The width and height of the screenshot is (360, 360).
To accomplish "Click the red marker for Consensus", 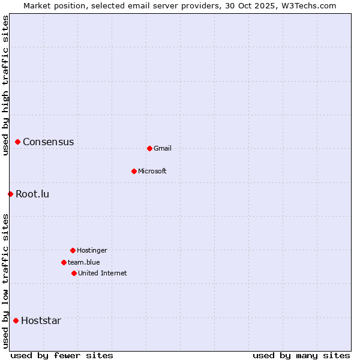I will (18, 142).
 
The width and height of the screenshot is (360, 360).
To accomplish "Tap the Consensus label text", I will (48, 142).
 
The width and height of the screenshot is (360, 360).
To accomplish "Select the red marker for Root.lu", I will (10, 194).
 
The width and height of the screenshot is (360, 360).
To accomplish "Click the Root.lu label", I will (32, 194).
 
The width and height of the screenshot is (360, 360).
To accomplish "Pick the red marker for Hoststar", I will (16, 320).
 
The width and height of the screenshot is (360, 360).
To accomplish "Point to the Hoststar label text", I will (41, 320).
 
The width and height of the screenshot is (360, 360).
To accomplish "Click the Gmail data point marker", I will (149, 148).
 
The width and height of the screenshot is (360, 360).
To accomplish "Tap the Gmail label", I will (163, 148).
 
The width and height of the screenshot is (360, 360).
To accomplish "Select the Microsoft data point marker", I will (134, 171).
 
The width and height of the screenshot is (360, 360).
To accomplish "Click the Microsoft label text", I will (152, 171).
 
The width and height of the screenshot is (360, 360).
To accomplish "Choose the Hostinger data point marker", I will (73, 250).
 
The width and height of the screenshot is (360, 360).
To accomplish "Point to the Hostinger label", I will (92, 250).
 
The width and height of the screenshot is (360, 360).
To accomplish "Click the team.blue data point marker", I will (64, 262).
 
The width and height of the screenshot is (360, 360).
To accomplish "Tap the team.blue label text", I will (84, 262).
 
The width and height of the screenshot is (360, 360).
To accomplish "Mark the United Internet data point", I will (74, 273).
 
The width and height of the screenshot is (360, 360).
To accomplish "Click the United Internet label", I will (103, 273).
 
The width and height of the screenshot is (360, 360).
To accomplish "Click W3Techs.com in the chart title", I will (308, 5).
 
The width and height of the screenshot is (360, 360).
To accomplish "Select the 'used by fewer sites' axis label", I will (62, 355).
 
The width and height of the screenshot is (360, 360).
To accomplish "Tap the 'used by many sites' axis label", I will (301, 355).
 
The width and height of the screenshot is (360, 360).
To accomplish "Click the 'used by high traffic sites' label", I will (5, 85).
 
